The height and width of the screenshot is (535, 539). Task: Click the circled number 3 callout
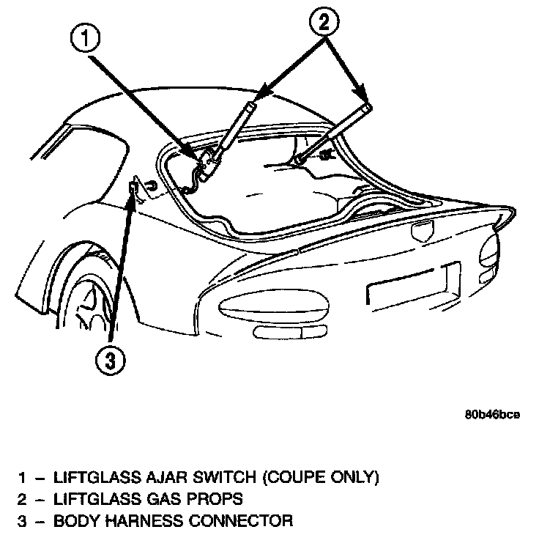[x=108, y=360]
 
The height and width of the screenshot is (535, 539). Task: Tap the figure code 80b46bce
[x=492, y=414]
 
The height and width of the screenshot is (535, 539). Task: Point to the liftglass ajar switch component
[x=207, y=162]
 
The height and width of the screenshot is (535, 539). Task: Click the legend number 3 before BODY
[x=24, y=522]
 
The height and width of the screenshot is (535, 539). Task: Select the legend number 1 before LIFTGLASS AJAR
[x=24, y=478]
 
